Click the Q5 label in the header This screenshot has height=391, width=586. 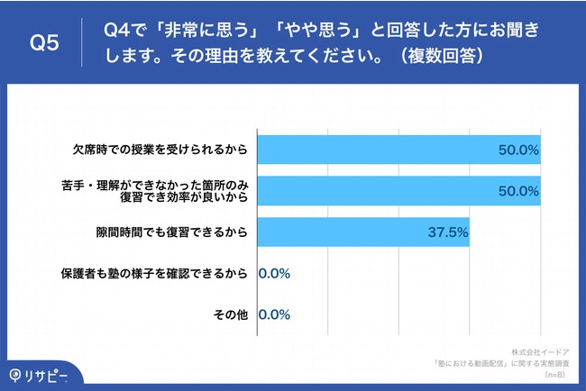(x=44, y=42)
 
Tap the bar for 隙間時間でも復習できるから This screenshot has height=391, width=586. (x=363, y=232)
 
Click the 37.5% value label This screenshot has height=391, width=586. (x=447, y=232)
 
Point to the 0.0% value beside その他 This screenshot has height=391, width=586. (x=274, y=314)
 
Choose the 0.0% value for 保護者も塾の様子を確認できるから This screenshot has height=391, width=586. (x=274, y=273)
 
